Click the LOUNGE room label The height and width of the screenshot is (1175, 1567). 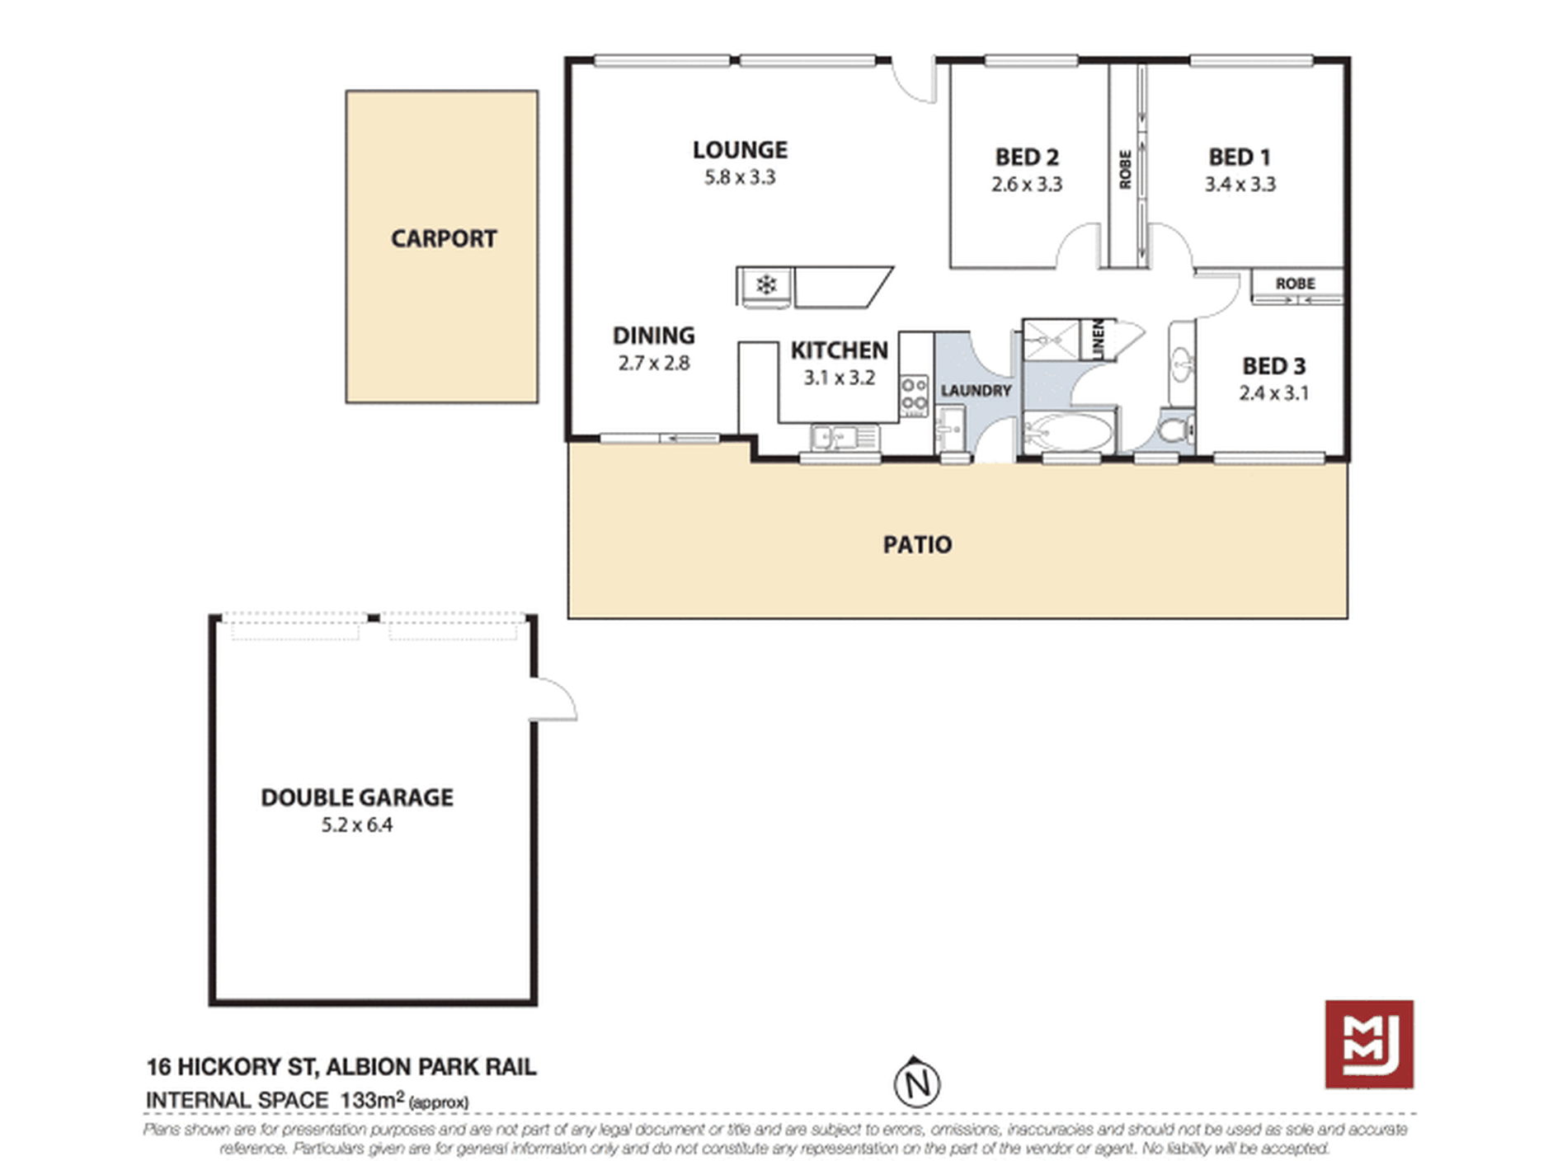pos(740,150)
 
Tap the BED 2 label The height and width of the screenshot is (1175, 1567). pos(1026,157)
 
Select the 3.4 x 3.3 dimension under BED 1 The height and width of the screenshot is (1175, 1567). pos(1240,184)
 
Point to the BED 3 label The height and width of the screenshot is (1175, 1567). pos(1273,365)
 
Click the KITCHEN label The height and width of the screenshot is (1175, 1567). pos(839,350)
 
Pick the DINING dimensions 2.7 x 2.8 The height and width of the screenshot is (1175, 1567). pos(653,363)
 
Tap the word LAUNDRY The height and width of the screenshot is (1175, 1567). pos(976,390)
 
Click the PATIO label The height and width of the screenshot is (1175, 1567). pos(917,544)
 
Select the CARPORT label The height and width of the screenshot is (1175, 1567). pos(443,239)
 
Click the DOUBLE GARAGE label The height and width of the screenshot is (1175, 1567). pos(357,797)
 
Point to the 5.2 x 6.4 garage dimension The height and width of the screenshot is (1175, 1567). pos(357,825)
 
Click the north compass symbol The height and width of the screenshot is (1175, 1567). pos(916,1083)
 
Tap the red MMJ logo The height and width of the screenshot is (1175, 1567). pos(1368,1044)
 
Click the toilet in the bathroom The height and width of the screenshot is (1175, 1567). pos(1174,429)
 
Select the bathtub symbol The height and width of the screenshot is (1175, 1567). pos(1068,431)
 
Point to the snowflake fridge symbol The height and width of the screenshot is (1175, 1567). pos(766,286)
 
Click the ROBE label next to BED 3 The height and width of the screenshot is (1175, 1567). pos(1295,284)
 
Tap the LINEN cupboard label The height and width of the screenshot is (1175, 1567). pos(1098,338)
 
